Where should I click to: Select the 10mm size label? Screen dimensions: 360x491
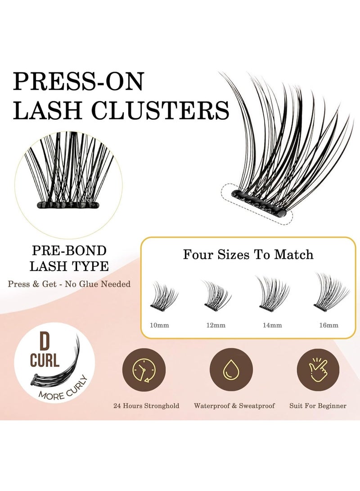[161, 325]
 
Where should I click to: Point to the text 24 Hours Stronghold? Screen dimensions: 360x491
[146, 406]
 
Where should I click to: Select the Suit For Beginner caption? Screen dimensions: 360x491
[318, 406]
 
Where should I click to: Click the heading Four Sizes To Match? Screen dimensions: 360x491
[248, 255]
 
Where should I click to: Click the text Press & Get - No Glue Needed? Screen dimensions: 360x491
[69, 284]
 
